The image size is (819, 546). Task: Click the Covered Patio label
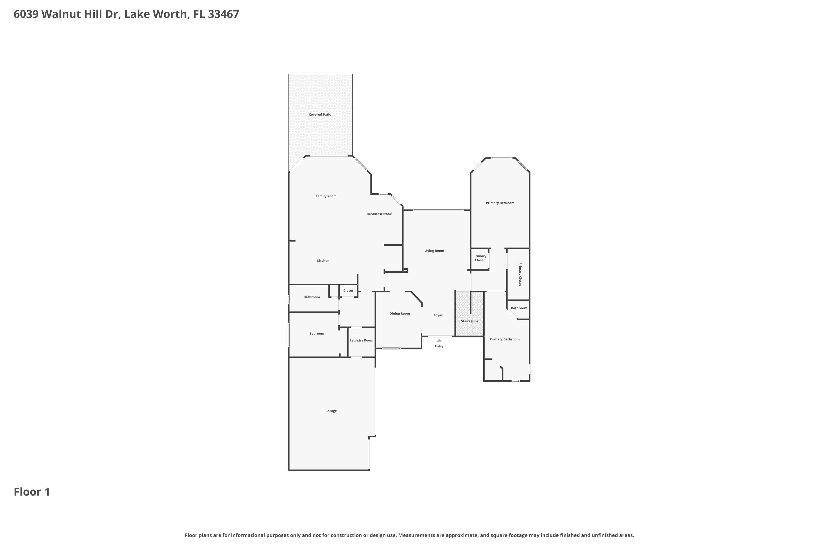click(320, 115)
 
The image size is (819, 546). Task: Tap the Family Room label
click(326, 196)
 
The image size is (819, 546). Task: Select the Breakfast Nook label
click(379, 214)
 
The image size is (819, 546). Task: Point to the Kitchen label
click(323, 260)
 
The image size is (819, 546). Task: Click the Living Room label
click(434, 251)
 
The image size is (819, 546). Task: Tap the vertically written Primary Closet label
click(520, 274)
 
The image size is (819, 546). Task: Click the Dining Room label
click(399, 313)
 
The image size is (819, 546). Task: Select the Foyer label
click(438, 315)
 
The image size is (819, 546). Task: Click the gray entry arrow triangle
click(439, 340)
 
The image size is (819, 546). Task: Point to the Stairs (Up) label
click(469, 321)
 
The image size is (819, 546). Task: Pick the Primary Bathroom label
click(504, 339)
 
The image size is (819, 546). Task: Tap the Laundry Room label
click(361, 340)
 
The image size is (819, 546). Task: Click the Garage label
click(331, 411)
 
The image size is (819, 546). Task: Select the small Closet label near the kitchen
click(348, 290)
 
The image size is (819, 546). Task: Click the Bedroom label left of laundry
click(316, 334)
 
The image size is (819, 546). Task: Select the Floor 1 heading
click(32, 492)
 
